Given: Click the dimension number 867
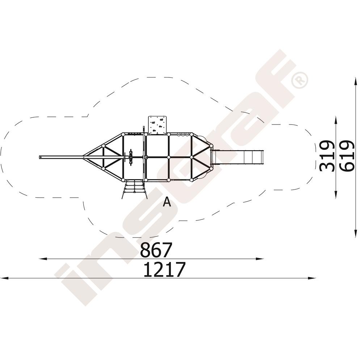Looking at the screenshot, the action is click(x=156, y=250).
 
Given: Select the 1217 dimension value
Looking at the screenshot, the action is click(x=164, y=269).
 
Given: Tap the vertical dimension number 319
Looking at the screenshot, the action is click(x=327, y=156).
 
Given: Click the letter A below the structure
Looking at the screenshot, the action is click(x=167, y=202).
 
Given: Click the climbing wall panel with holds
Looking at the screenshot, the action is click(x=157, y=125).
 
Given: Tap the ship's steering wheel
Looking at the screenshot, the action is click(x=131, y=157).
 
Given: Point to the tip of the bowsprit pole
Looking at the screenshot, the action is click(x=39, y=157).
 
